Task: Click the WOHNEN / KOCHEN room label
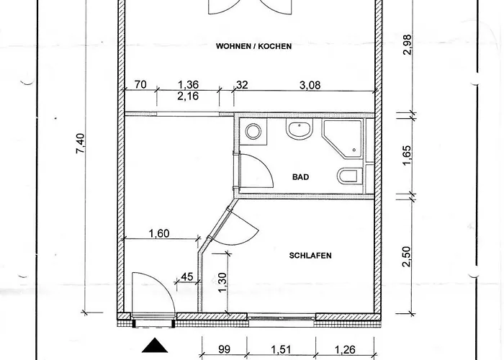click(x=253, y=46)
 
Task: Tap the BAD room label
click(x=300, y=177)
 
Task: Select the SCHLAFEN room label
click(x=310, y=256)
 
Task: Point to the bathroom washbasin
click(x=300, y=129)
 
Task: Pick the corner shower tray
click(x=343, y=139)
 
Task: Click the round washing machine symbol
click(x=253, y=132)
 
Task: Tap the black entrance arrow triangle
click(x=155, y=345)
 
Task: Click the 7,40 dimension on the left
click(x=80, y=143)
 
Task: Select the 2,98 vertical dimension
click(x=407, y=45)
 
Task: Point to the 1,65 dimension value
click(x=407, y=156)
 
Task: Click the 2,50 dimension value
click(x=407, y=256)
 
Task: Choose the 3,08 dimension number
click(x=310, y=85)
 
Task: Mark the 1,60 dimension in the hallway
click(x=159, y=233)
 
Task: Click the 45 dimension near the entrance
click(x=187, y=276)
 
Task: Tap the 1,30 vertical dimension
click(x=222, y=283)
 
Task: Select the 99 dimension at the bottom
click(x=224, y=349)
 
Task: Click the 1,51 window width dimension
click(x=281, y=349)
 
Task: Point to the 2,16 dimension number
click(x=188, y=96)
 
